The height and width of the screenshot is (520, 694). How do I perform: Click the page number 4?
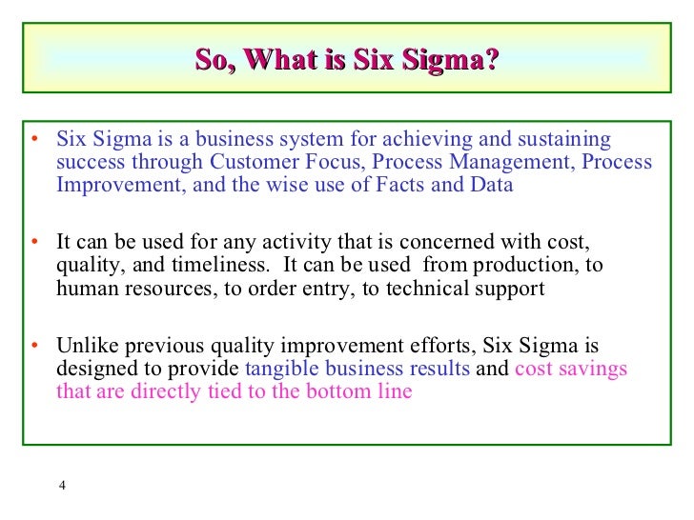(x=62, y=487)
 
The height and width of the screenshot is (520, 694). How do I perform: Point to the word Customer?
(x=253, y=162)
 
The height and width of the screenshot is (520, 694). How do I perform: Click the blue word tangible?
(x=282, y=369)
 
